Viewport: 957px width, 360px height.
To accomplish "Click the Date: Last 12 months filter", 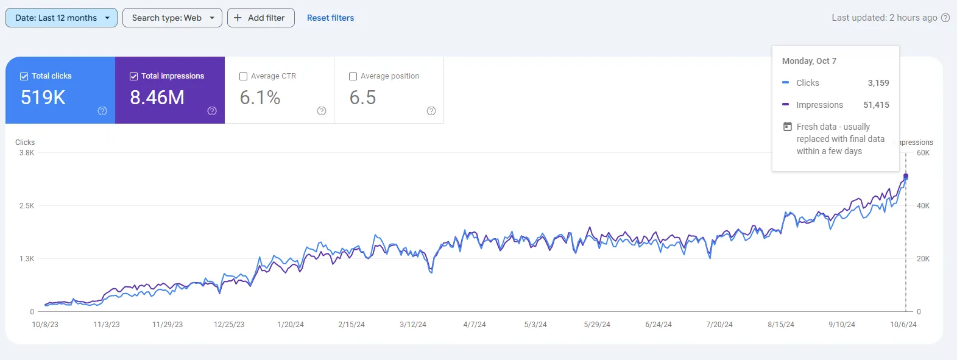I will (61, 18).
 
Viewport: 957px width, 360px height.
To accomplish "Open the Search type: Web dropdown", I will (172, 18).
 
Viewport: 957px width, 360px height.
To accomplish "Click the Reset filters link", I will (330, 18).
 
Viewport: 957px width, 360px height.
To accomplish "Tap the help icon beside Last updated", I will (945, 18).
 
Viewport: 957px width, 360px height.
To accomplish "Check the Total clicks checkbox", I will (24, 76).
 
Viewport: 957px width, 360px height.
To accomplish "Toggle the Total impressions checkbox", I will (134, 76).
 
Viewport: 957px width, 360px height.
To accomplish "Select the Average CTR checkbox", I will (244, 76).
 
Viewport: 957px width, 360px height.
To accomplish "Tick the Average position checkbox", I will (353, 76).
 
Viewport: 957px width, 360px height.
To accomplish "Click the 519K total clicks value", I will (43, 97).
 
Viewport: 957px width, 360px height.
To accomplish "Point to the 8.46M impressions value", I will (157, 97).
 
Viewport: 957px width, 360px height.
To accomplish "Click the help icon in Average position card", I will (431, 111).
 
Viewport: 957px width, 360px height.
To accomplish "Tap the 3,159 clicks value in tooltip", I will (878, 83).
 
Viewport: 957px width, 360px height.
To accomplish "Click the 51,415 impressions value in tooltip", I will (876, 105).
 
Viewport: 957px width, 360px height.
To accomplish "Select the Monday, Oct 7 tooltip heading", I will (809, 61).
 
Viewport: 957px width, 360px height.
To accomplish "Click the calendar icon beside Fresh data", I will (788, 127).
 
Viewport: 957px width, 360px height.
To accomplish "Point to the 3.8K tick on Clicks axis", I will (27, 153).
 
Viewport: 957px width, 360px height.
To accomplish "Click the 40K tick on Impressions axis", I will (923, 206).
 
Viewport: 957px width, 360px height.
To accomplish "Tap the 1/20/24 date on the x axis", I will (291, 325).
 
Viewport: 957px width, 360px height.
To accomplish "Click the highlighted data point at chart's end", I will (906, 177).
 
